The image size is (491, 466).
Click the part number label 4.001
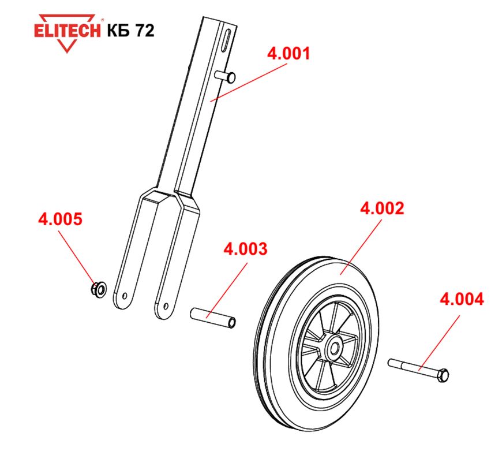click(288, 53)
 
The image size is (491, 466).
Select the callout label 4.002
click(382, 208)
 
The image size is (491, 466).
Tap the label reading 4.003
click(246, 249)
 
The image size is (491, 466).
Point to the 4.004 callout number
click(462, 299)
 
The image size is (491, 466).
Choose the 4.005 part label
click(60, 219)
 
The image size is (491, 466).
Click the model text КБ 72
click(130, 31)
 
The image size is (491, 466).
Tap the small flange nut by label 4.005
click(98, 289)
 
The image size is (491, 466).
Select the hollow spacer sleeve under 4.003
click(213, 318)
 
